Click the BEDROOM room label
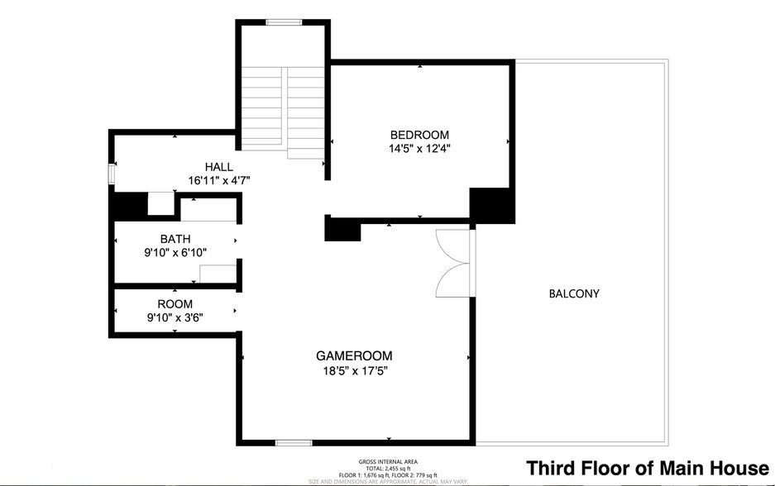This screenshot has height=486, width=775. [419, 135]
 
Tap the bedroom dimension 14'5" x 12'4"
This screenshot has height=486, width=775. [419, 150]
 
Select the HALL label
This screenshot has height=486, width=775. [219, 166]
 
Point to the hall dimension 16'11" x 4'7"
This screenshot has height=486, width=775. [219, 180]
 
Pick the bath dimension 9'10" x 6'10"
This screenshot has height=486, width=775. [175, 253]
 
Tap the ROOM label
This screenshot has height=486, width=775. [175, 303]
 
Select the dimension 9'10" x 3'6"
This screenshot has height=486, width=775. [175, 317]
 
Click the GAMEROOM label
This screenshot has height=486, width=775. [354, 356]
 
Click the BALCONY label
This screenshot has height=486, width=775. [573, 293]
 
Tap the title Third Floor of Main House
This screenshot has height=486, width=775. [648, 468]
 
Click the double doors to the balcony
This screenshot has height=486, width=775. [454, 262]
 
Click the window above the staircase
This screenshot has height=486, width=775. [284, 22]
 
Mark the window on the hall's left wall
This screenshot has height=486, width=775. [112, 175]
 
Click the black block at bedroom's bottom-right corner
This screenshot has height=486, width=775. [492, 205]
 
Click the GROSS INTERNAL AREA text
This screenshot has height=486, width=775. [387, 461]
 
